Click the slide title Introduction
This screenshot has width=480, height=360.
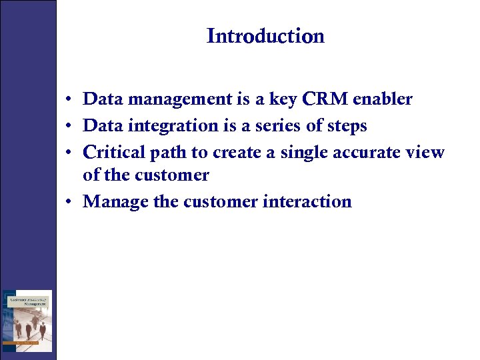pyautogui.click(x=265, y=36)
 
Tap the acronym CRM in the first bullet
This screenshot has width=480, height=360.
pyautogui.click(x=325, y=100)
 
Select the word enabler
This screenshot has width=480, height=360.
pyautogui.click(x=382, y=100)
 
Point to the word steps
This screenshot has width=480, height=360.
pyautogui.click(x=347, y=126)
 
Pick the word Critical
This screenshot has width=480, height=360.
pyautogui.click(x=114, y=152)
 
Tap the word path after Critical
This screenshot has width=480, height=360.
pyautogui.click(x=169, y=152)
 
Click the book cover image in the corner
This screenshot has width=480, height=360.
pyautogui.click(x=27, y=321)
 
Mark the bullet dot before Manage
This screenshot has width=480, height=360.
pyautogui.click(x=69, y=202)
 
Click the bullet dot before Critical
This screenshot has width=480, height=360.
pyautogui.click(x=69, y=153)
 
